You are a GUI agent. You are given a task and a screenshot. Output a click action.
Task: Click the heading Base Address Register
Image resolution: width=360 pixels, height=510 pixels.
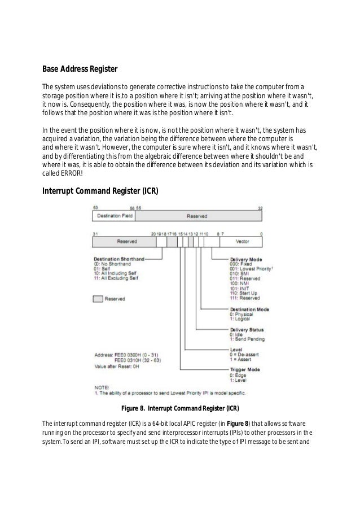[80, 69]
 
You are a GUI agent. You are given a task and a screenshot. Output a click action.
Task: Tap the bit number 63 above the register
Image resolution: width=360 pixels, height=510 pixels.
[96, 208]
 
